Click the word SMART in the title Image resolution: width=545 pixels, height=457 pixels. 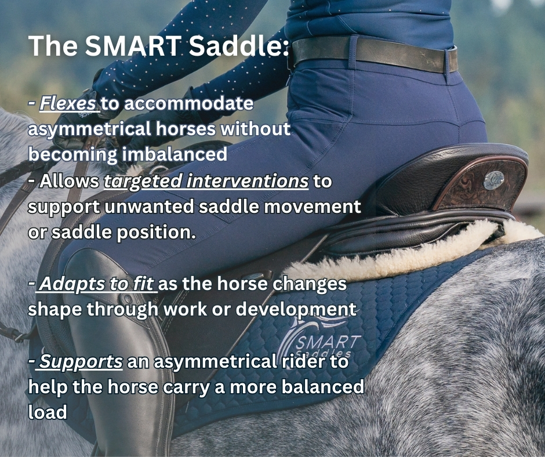[x=132, y=46]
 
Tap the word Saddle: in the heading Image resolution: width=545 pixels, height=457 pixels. [x=239, y=46]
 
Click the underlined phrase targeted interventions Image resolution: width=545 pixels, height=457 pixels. [x=206, y=181]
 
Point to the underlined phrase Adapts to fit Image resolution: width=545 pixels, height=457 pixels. [x=96, y=284]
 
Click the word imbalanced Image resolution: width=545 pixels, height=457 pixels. [x=175, y=154]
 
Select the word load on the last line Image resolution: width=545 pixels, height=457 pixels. [x=48, y=412]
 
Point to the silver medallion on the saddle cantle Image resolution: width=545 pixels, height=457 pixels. [x=494, y=180]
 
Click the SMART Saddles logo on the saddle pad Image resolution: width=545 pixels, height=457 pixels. [x=318, y=341]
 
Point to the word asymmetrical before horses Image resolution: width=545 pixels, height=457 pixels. [x=90, y=129]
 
